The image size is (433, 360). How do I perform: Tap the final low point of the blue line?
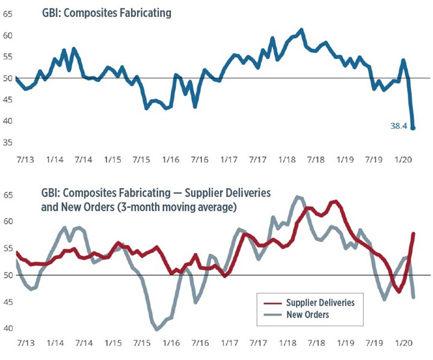413,128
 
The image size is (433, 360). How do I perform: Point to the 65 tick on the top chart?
8,13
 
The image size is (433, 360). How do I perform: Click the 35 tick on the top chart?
8,142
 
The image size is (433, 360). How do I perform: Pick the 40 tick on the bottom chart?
8,328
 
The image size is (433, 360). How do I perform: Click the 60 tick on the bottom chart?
8,221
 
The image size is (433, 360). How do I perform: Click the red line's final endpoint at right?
413,233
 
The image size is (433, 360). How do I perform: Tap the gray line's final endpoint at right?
413,297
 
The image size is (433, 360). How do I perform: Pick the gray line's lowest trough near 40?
158,329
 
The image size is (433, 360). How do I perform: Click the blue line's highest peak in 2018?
301,29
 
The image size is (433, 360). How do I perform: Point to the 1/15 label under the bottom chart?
113,347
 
